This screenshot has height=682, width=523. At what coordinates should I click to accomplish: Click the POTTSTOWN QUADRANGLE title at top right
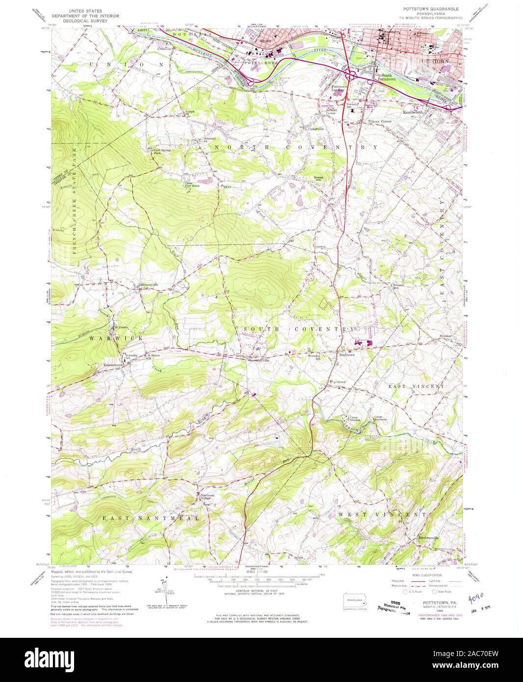coord(429,9)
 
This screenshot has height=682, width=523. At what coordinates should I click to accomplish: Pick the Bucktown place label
coord(347,354)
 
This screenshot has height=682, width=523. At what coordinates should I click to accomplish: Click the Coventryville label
coord(259,361)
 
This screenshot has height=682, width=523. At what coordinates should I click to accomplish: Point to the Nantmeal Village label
coord(209,497)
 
